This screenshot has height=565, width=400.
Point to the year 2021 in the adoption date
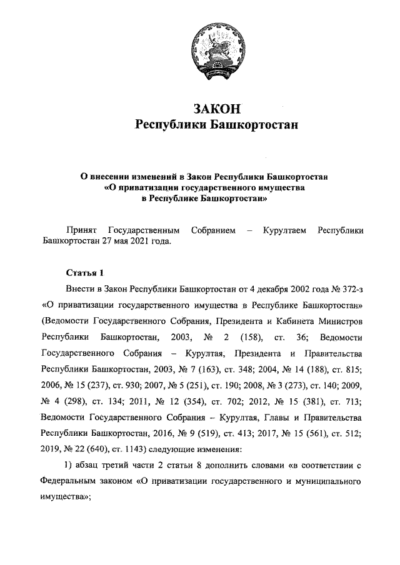point(139,242)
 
